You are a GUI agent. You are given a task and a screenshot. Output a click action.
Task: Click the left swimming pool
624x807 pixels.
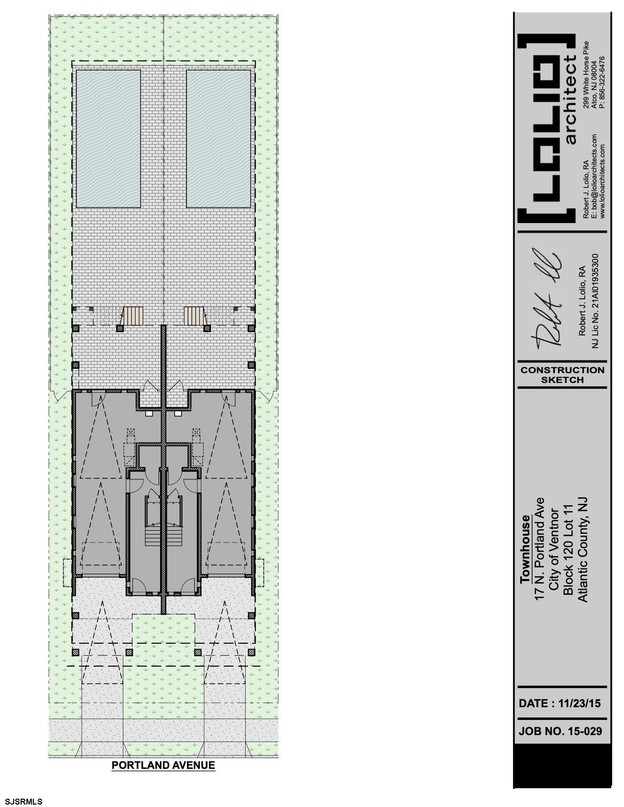109,138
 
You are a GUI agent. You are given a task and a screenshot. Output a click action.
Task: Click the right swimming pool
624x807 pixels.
219,138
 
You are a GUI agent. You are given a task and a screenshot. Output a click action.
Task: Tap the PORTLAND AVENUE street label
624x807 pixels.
163,765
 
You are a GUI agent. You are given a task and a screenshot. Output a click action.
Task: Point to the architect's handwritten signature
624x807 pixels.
545,299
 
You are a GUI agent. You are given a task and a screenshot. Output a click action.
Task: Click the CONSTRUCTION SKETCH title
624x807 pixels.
562,375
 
